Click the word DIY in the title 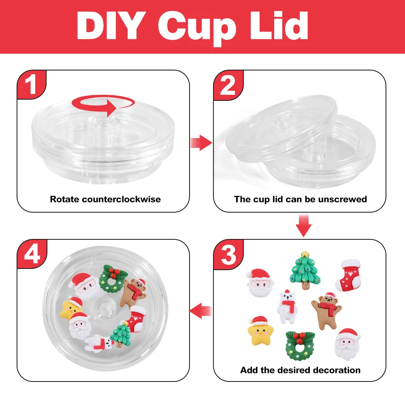[113, 27]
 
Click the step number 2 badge [228, 85]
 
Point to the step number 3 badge [228, 254]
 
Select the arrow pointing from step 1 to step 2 [202, 143]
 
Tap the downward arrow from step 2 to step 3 [304, 225]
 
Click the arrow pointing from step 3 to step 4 [202, 311]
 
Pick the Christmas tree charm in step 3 [305, 270]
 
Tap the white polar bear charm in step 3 [286, 307]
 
